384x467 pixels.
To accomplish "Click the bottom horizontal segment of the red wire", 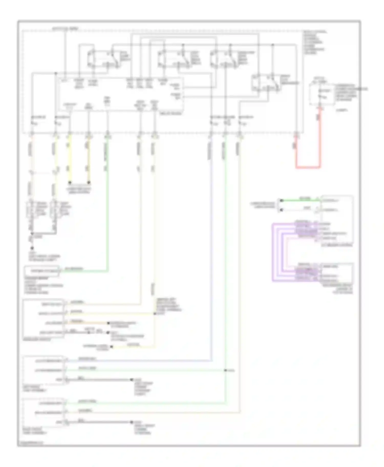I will click(x=308, y=168).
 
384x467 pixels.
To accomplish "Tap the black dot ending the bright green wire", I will click(x=281, y=200).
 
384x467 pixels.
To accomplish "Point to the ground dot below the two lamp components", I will click(x=32, y=248).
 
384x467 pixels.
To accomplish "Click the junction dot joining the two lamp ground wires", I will click(x=32, y=233).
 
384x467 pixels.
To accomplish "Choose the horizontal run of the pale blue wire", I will click(x=138, y=361).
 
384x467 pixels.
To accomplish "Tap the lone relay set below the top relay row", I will click(x=266, y=82).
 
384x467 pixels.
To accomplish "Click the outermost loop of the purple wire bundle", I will click(x=273, y=252).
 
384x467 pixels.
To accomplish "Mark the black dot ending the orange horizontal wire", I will click(x=108, y=323).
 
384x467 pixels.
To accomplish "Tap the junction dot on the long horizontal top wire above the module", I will click(x=56, y=73).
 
